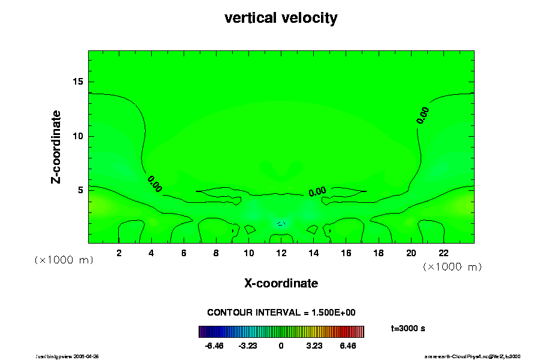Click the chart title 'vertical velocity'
click(281, 18)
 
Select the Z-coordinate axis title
click(56, 146)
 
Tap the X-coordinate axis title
click(281, 283)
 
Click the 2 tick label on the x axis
click(119, 253)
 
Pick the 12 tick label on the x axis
click(281, 253)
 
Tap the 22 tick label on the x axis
click(443, 253)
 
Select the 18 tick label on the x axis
click(379, 253)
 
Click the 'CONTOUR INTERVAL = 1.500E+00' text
click(281, 313)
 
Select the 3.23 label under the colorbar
click(314, 346)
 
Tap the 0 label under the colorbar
click(281, 346)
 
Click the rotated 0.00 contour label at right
click(422, 115)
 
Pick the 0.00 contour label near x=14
click(317, 191)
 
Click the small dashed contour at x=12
click(281, 223)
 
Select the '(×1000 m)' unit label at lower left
click(64, 260)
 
